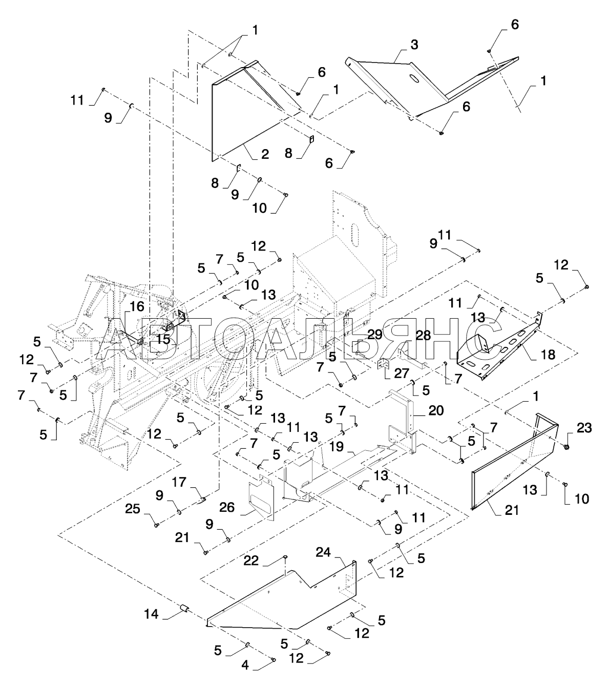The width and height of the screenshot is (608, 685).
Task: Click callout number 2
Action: point(265,154)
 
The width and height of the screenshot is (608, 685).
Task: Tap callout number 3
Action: point(414,45)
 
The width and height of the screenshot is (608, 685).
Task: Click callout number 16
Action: point(137,307)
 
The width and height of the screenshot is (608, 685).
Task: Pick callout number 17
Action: point(179,482)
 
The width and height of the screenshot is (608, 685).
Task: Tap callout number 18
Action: point(548,355)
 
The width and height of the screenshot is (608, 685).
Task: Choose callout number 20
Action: point(436,410)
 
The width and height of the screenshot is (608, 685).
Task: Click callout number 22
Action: point(251,561)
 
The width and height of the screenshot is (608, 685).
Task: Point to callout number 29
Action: point(375,335)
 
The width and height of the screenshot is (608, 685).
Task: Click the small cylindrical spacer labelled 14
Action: point(184,608)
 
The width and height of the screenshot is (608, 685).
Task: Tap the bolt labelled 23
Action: point(567,447)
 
